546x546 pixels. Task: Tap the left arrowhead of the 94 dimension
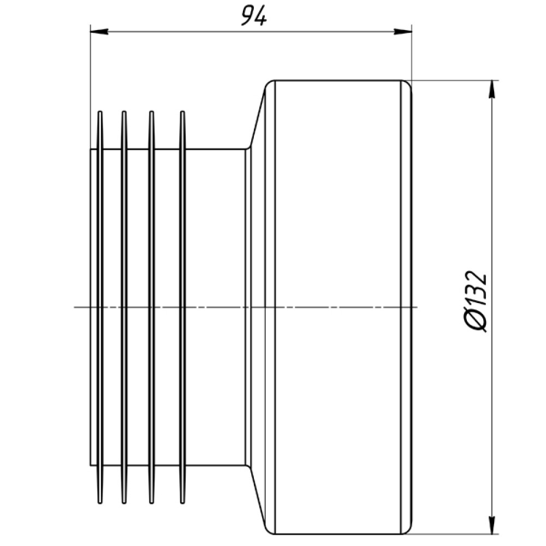coord(99,32)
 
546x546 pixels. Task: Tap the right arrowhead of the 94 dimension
coord(403,32)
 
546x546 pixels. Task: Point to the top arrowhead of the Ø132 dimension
coord(492,90)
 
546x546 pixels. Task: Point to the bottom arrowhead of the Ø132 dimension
coord(492,524)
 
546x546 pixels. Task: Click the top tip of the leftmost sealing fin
coord(100,112)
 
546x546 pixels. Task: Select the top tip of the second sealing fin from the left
coord(123,112)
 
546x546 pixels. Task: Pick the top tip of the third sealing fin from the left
coord(151,112)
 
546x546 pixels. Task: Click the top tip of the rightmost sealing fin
coord(182,112)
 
